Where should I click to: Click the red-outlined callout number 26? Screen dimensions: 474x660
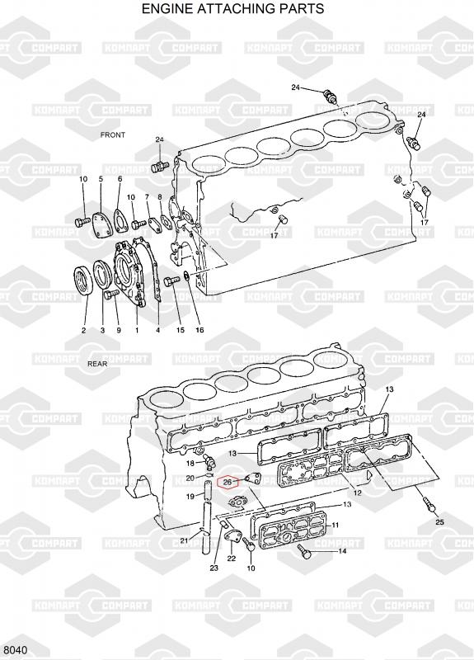click(228, 483)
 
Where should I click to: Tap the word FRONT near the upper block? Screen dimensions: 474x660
click(113, 135)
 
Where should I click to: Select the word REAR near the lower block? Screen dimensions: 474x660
click(97, 364)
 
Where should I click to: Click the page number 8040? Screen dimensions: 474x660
click(16, 650)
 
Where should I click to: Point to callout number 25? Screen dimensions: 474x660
click(439, 522)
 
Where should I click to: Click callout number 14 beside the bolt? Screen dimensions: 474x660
click(342, 550)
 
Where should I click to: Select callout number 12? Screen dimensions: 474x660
click(357, 493)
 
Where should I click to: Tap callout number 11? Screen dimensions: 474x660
click(335, 525)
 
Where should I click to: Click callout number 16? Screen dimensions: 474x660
click(199, 330)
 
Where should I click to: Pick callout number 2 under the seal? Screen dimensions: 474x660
click(83, 331)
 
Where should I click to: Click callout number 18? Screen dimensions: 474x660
click(190, 464)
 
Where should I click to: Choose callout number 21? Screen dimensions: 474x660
click(184, 540)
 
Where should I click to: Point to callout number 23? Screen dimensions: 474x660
click(214, 568)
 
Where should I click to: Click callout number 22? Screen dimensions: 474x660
click(232, 559)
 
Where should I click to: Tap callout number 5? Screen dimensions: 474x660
click(101, 179)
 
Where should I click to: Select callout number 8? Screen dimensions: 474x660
click(160, 196)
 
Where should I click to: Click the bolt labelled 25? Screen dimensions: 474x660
click(429, 504)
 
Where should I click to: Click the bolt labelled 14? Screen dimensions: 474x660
click(304, 551)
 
